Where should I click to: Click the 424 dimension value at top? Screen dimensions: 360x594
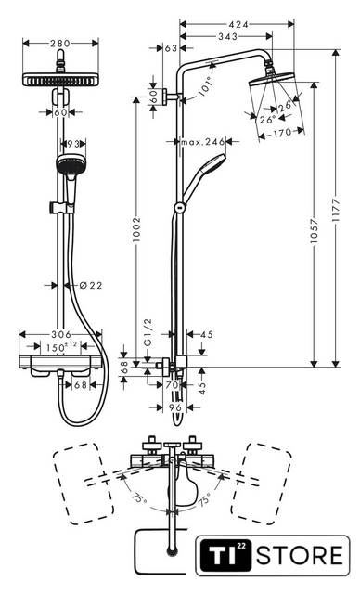click(x=238, y=25)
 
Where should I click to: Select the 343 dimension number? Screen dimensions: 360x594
click(x=228, y=37)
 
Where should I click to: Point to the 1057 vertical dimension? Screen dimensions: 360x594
click(x=314, y=231)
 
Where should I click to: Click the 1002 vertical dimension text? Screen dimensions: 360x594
click(x=136, y=230)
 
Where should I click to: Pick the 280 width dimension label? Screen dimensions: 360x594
click(x=60, y=44)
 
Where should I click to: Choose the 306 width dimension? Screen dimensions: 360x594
click(x=61, y=334)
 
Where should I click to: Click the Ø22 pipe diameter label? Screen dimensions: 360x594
click(x=91, y=285)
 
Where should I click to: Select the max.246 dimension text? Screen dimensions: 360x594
click(x=203, y=142)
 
